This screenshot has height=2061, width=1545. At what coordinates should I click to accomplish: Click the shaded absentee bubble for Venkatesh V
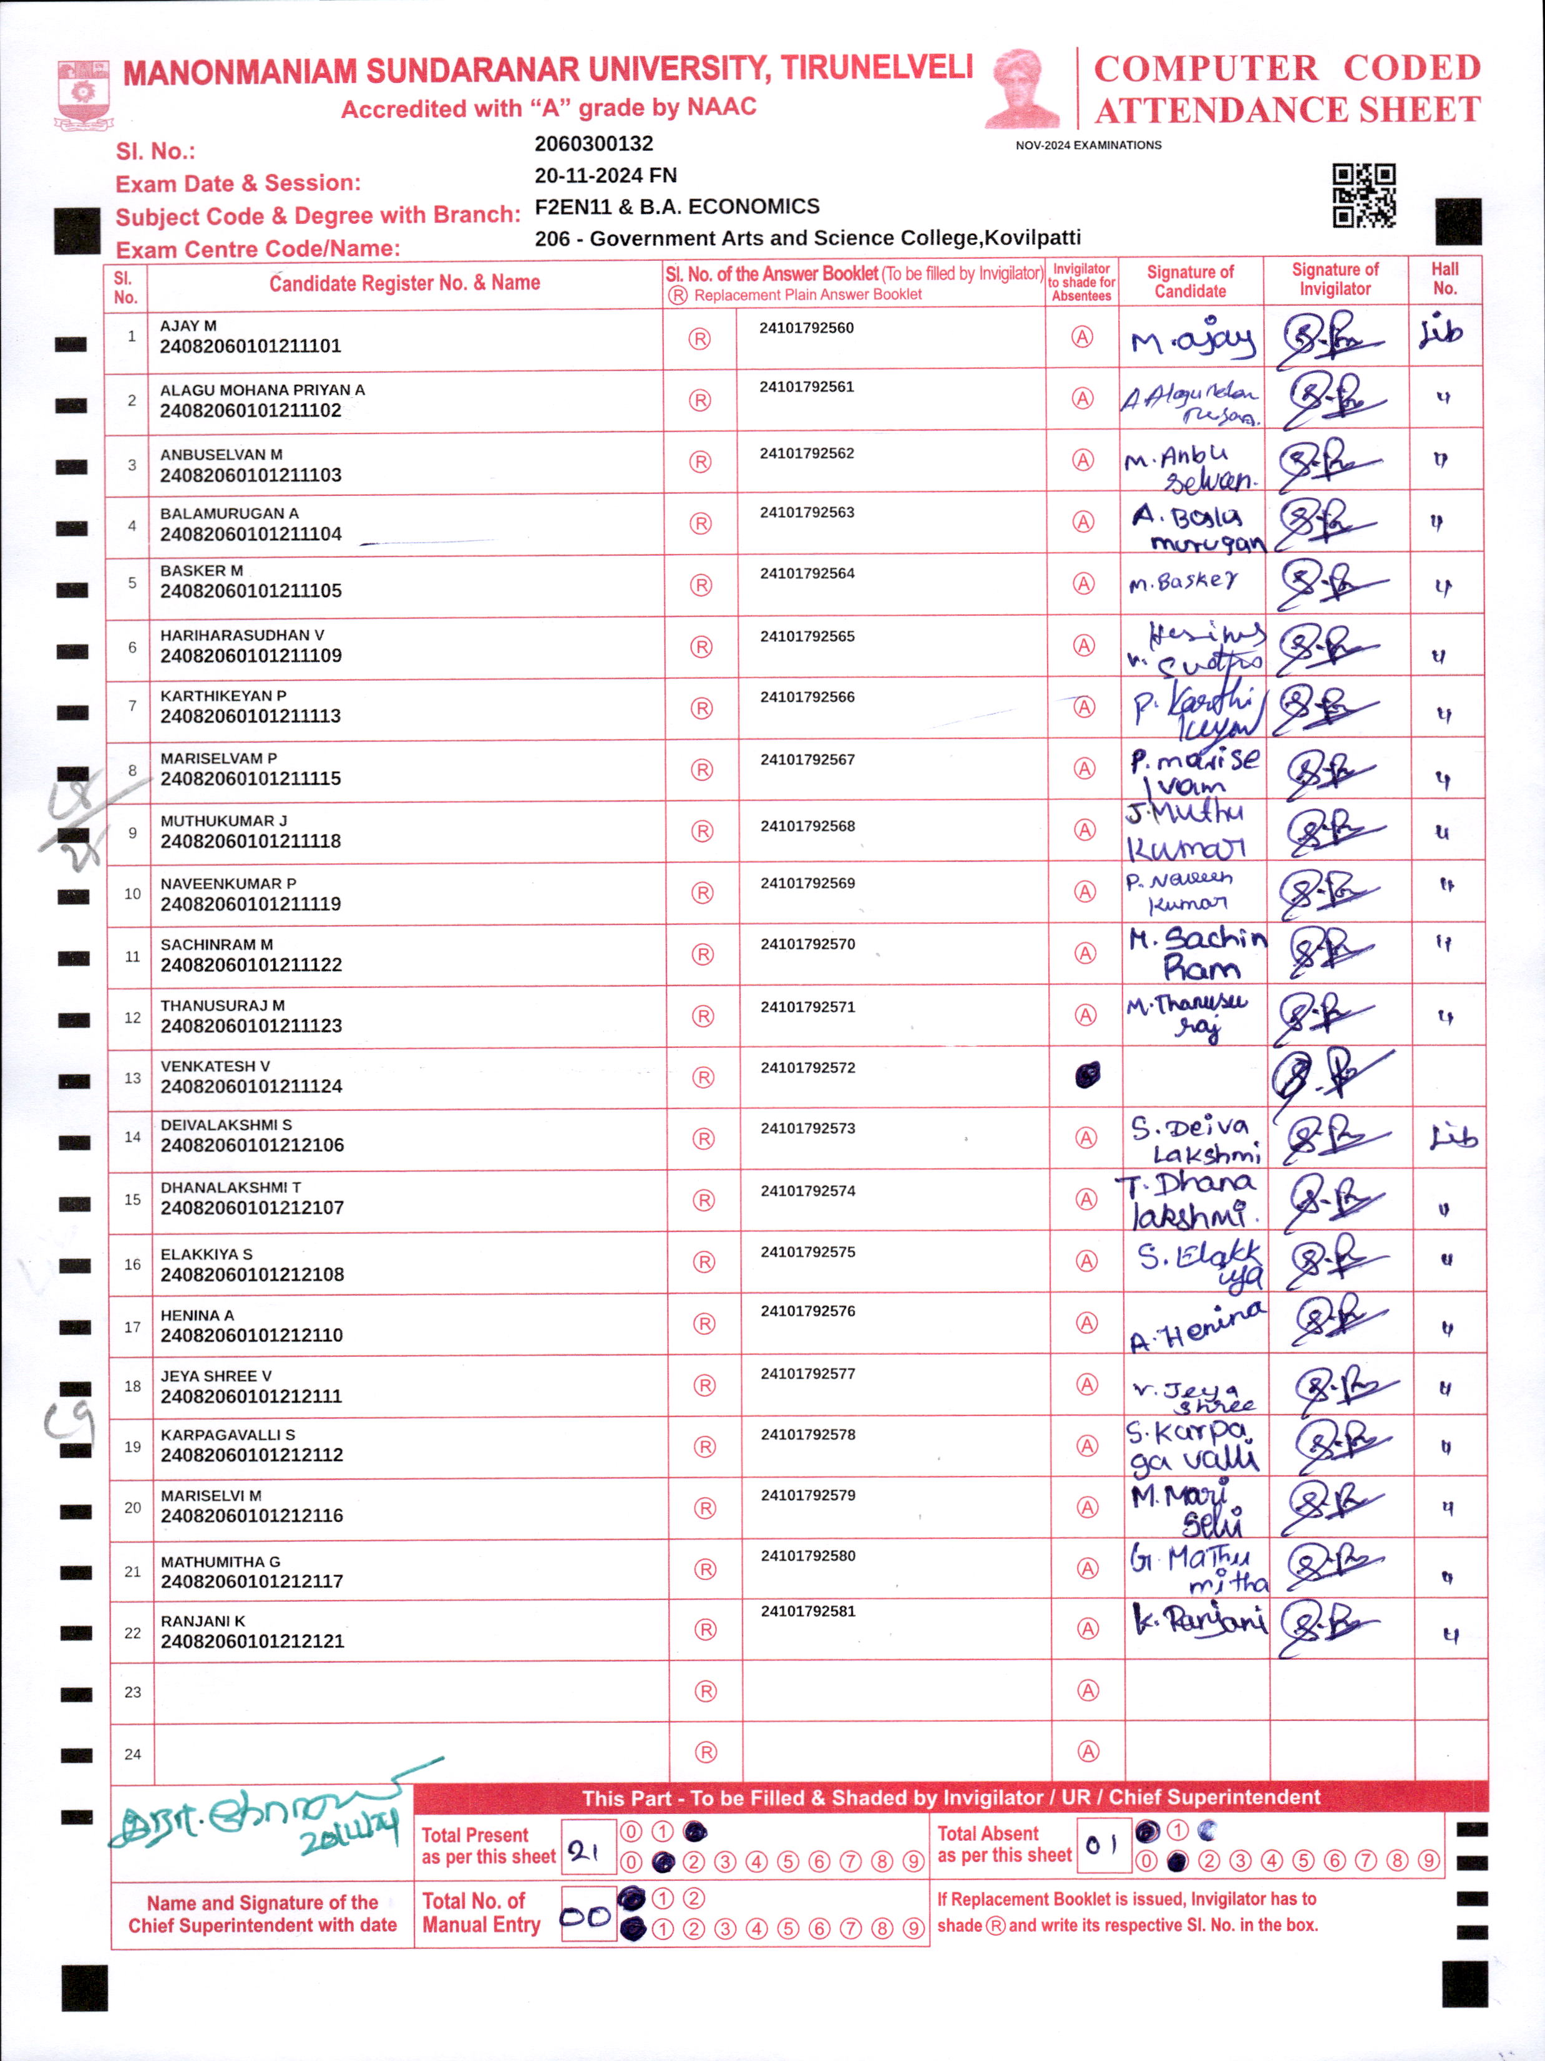point(1086,1075)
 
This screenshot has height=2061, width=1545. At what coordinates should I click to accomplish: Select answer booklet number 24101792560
point(806,328)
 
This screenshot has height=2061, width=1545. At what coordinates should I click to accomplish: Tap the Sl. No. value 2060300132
point(593,143)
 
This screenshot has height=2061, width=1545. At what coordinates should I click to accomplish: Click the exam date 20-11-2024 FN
point(606,175)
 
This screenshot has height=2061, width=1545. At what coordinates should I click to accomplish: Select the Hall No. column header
point(1445,279)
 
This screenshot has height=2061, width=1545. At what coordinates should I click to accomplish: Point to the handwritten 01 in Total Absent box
point(1101,1845)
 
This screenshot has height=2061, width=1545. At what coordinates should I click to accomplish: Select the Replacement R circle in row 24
point(706,1753)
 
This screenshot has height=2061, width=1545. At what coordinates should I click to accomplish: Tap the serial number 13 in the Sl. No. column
point(132,1078)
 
